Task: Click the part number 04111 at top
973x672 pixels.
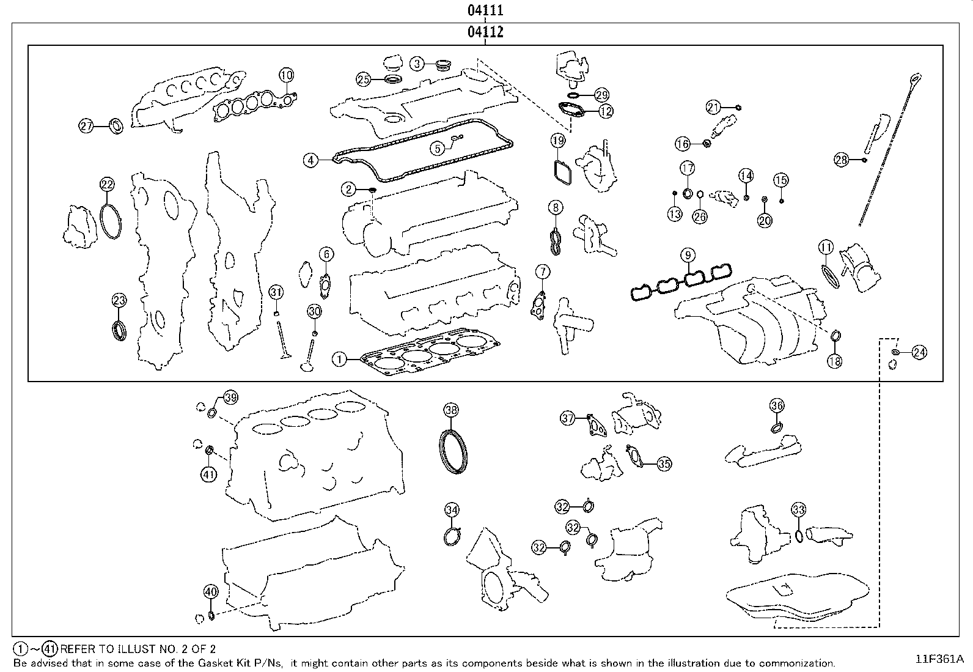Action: (485, 10)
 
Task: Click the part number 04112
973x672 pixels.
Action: (485, 32)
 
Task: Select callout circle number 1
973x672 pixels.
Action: (339, 360)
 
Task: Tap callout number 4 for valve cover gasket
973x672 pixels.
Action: (311, 161)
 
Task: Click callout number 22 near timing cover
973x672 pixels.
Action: (107, 184)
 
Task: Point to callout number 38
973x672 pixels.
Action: (451, 410)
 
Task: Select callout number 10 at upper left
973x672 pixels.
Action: (286, 75)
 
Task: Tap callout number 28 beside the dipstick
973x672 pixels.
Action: (842, 160)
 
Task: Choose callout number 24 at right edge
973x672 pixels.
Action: (919, 352)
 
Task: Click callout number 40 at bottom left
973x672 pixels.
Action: (210, 592)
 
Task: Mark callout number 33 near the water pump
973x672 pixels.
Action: (799, 509)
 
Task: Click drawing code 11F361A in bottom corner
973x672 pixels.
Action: (939, 659)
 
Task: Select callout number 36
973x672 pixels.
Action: (776, 405)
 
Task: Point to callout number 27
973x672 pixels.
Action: (86, 127)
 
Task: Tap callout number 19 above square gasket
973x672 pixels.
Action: (557, 141)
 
